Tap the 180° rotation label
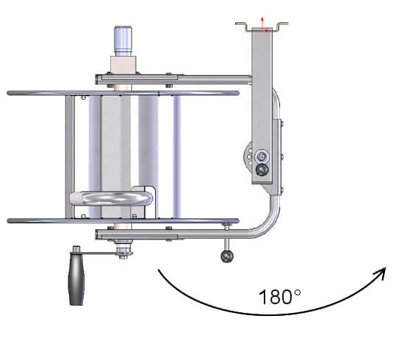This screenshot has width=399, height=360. tap(280, 297)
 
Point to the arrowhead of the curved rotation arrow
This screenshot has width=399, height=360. tap(381, 273)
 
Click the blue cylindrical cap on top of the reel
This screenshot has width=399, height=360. tap(123, 40)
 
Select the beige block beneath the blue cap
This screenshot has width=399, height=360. tap(123, 65)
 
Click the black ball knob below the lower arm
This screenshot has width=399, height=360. tap(227, 256)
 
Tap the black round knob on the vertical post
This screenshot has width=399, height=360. tap(262, 170)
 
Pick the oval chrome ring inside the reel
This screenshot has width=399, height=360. tap(111, 198)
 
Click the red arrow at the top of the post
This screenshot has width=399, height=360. tap(262, 24)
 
